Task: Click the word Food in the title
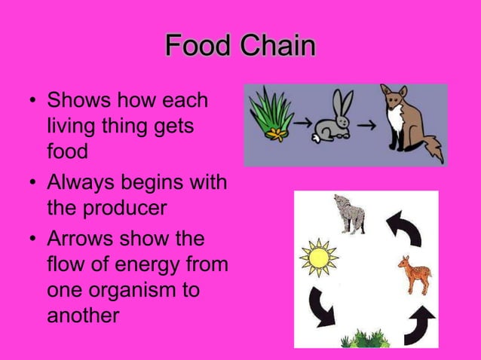[x=198, y=47]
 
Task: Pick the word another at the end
[x=83, y=316]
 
